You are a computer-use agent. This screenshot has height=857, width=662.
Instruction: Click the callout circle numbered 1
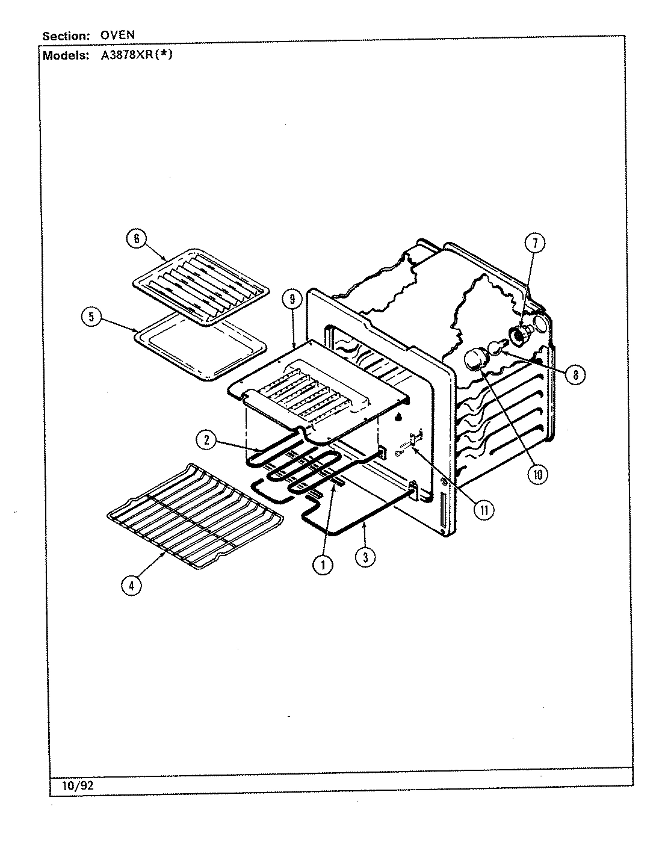[x=323, y=564]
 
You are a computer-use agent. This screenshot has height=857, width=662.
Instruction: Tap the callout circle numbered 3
[x=365, y=557]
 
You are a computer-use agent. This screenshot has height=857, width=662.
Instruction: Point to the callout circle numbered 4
[x=132, y=584]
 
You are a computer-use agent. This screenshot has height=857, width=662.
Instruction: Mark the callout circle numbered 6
[x=136, y=239]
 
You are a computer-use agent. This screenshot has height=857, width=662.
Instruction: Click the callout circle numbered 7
[x=534, y=243]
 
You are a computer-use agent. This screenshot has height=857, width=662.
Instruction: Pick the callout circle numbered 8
[x=575, y=374]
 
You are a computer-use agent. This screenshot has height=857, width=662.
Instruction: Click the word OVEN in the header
[x=117, y=36]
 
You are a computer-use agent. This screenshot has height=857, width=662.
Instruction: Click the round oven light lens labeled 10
[x=475, y=362]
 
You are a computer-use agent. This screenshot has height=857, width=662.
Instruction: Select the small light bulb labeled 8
[x=496, y=348]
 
